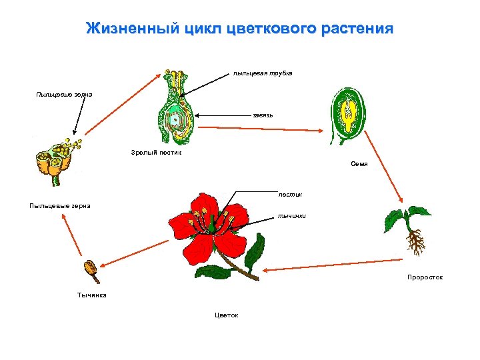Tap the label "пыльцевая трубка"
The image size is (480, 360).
(262, 73)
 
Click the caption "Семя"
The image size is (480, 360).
(359, 163)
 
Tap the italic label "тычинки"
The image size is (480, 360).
(291, 216)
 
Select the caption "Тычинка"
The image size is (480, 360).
(91, 294)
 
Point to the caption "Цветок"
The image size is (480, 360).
(227, 315)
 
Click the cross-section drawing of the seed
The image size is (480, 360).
(348, 113)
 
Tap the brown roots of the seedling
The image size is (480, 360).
(415, 243)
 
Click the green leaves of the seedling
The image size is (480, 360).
(406, 216)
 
